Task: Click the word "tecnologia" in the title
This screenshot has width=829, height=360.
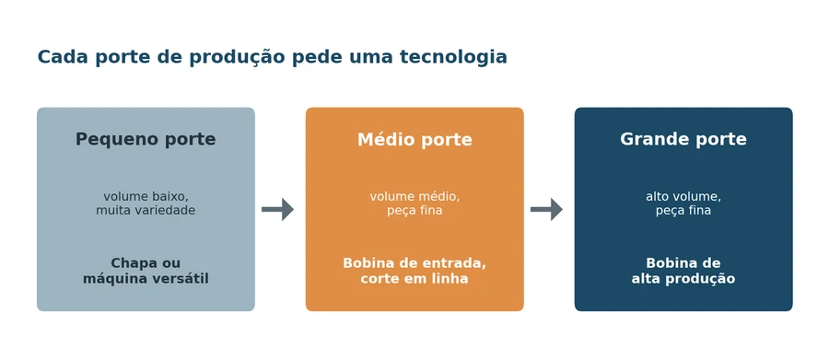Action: (453, 57)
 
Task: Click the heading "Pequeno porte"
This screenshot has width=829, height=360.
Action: (146, 140)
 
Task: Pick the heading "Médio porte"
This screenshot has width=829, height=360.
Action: (414, 140)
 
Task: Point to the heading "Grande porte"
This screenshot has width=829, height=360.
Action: (683, 139)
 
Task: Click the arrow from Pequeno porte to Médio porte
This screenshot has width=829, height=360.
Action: (277, 209)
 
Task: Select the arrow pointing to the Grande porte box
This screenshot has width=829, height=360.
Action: (546, 209)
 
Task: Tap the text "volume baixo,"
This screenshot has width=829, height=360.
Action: (146, 197)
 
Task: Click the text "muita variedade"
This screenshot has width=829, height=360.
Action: (146, 211)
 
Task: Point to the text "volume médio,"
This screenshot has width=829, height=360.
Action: (414, 197)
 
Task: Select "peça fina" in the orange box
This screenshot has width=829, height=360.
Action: (414, 211)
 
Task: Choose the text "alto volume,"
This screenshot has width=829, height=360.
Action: (683, 197)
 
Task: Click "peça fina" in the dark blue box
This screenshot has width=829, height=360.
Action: (683, 211)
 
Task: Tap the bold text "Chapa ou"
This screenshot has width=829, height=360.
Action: (146, 263)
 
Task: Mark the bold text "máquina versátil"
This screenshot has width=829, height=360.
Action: (146, 279)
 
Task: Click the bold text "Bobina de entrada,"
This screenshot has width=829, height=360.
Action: (414, 263)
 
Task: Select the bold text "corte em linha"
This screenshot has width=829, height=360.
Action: (414, 278)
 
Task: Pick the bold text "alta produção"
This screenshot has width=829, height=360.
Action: (683, 279)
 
